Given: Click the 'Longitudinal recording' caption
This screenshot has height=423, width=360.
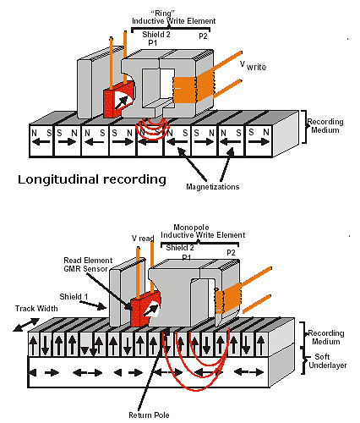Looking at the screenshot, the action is pyautogui.click(x=92, y=180).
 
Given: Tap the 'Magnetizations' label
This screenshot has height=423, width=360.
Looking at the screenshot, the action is pyautogui.click(x=213, y=187).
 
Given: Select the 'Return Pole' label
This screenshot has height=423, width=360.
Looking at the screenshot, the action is pyautogui.click(x=149, y=415).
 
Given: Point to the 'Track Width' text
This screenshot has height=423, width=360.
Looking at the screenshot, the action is pyautogui.click(x=36, y=309).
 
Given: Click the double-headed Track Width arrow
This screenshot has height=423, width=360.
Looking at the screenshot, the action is pyautogui.click(x=26, y=324).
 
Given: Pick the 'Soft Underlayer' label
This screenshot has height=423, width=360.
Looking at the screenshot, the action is pyautogui.click(x=328, y=361).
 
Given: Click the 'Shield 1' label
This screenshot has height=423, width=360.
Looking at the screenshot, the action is pyautogui.click(x=74, y=297).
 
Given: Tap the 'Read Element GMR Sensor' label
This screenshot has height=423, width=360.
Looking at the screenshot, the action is pyautogui.click(x=88, y=265).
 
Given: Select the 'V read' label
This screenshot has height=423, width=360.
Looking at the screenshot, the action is pyautogui.click(x=143, y=239).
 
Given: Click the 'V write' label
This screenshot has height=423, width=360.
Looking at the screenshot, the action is pyautogui.click(x=254, y=66).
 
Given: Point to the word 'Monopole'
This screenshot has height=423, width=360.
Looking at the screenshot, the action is pyautogui.click(x=191, y=228).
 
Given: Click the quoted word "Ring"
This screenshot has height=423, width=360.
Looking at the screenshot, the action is pyautogui.click(x=163, y=14).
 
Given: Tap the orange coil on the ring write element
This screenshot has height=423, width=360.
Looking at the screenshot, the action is pyautogui.click(x=194, y=89).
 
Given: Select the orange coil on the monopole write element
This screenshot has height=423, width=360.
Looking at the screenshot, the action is pyautogui.click(x=228, y=298).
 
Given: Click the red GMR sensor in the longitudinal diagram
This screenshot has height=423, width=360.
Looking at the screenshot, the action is pyautogui.click(x=118, y=99).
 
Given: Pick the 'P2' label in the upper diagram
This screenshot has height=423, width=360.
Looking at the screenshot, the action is pyautogui.click(x=203, y=36).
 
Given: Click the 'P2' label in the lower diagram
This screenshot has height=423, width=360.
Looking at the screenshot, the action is pyautogui.click(x=231, y=253).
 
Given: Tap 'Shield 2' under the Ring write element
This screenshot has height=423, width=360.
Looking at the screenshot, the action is pyautogui.click(x=156, y=35).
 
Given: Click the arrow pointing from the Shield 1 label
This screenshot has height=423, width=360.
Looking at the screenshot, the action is pyautogui.click(x=93, y=305).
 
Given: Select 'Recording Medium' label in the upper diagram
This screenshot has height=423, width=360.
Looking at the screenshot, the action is pyautogui.click(x=325, y=126).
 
